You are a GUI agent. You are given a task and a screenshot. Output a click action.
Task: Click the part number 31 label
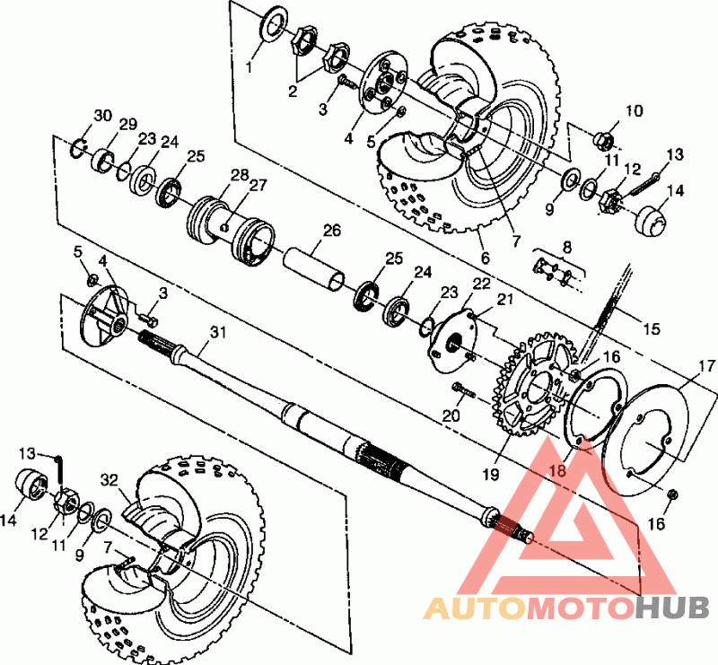[x=218, y=332]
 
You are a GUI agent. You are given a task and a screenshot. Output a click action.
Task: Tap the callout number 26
[x=332, y=231]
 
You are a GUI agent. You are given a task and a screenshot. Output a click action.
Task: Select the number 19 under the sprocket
[x=490, y=475]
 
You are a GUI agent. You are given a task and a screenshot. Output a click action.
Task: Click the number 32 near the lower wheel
[x=109, y=480]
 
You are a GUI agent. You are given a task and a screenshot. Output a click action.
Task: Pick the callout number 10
[x=635, y=111]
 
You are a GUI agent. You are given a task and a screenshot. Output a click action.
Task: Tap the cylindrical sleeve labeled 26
[x=314, y=268]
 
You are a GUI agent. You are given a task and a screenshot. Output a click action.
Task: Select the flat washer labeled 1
[x=274, y=24]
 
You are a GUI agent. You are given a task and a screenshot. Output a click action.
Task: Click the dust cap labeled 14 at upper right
[x=651, y=221]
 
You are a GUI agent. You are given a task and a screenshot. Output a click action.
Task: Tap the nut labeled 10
[x=604, y=140]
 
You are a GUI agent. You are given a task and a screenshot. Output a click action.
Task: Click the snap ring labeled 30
[x=79, y=149]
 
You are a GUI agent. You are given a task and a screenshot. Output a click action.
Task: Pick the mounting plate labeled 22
[x=453, y=342]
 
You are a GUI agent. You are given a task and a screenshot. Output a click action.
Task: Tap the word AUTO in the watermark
[x=475, y=608]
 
